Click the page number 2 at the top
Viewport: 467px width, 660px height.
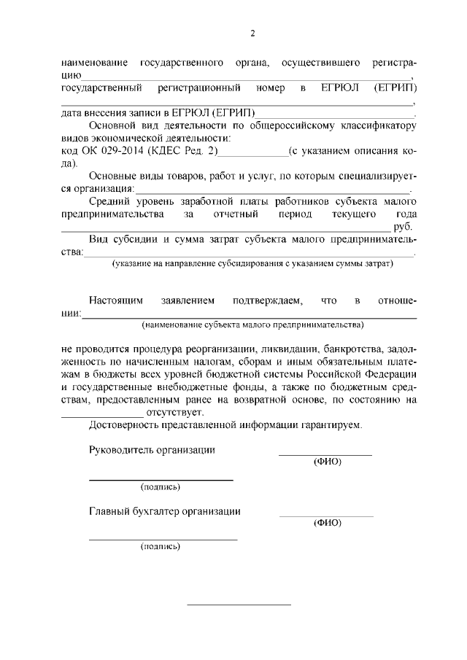[252, 33]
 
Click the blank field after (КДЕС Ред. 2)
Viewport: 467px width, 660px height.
[252, 153]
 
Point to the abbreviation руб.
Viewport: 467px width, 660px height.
[404, 228]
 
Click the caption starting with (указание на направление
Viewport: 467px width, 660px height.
[252, 263]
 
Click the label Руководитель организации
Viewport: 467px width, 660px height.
[152, 450]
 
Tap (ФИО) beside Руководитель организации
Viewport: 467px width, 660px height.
[326, 462]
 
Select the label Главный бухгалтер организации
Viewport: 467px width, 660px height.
[164, 511]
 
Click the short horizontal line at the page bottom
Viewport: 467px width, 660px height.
[239, 605]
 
